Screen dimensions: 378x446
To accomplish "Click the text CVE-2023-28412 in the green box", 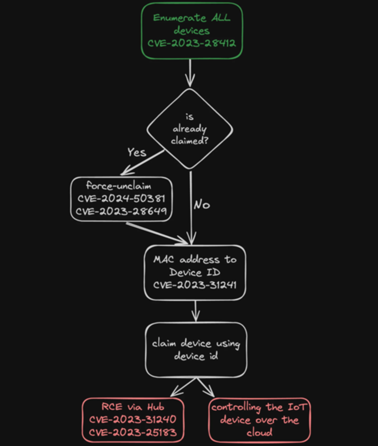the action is coord(192,43).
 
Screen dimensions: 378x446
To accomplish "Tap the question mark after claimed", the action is coord(206,141).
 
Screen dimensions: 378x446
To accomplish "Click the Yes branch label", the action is coord(137,152).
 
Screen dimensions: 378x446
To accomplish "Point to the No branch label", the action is coord(202,205).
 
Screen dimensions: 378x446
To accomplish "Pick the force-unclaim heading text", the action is coord(119,186).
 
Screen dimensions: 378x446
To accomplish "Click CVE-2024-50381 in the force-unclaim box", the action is coord(121,199).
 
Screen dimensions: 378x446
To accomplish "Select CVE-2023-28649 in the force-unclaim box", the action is coord(121,211).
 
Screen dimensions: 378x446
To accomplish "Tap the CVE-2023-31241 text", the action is coord(195,285).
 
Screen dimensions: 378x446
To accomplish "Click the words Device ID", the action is coord(195,272).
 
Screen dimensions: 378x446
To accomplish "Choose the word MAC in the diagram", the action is coord(164,259).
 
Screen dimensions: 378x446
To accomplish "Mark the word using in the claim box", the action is coord(228,344).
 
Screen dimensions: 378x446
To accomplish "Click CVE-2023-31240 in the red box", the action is coord(133,419).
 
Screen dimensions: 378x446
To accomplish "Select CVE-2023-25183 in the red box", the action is coord(133,432).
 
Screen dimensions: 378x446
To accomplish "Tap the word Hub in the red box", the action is coord(156,407).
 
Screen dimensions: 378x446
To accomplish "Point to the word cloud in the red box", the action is coord(259,432).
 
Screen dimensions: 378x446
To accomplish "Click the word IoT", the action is coord(297,407).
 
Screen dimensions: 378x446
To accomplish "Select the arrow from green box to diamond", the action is coord(190,73).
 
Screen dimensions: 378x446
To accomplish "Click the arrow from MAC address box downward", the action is coord(196,311).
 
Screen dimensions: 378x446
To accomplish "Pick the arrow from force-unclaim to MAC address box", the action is coord(157,233).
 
